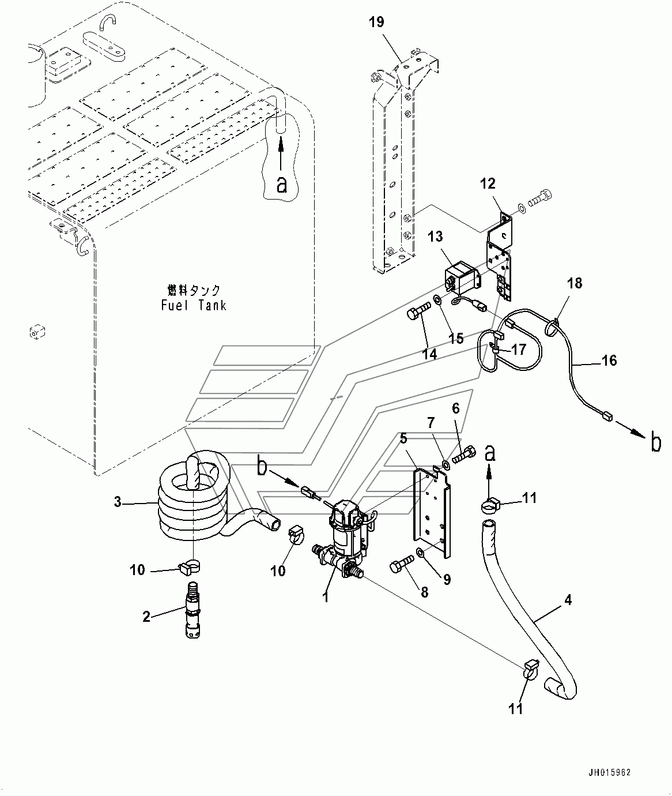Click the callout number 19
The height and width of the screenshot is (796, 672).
376,22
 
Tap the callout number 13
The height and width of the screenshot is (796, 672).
435,236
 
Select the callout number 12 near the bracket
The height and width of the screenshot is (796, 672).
488,183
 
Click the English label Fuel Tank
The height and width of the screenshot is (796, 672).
194,305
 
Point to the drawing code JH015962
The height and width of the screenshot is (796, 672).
610,772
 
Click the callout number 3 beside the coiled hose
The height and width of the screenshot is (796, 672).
118,502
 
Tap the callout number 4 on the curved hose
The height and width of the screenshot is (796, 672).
568,600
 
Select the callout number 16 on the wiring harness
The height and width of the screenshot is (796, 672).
609,361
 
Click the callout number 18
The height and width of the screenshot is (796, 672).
575,283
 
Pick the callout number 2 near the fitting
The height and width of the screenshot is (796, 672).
146,617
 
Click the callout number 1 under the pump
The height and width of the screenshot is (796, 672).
325,598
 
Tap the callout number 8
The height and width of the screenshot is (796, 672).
424,592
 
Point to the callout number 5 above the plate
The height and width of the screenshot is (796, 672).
403,438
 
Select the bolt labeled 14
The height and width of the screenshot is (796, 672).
419,309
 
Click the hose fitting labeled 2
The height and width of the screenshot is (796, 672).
193,609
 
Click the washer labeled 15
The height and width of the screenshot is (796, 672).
438,301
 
